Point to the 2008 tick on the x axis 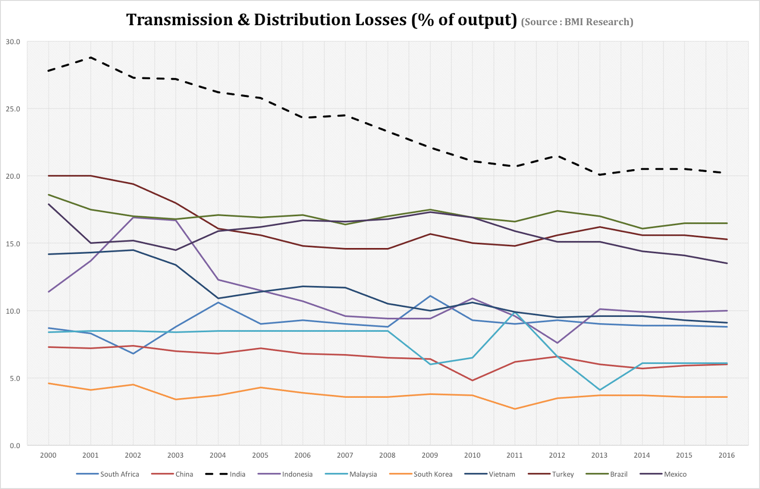[387, 455]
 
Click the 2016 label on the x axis [727, 455]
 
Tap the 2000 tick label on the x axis [48, 455]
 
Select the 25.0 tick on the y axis [13, 109]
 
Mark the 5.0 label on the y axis [15, 378]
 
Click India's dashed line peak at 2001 [91, 58]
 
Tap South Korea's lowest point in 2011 [515, 409]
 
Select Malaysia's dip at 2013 [600, 390]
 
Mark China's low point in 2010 [472, 380]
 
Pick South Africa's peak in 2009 [430, 296]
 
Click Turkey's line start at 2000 [48, 176]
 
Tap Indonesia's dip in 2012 [557, 343]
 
